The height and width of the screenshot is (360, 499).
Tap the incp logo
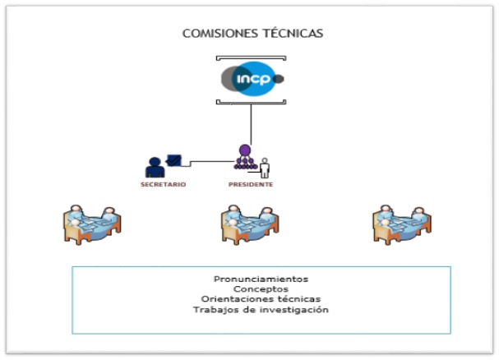tap(252, 79)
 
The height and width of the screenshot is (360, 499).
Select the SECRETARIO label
tap(163, 185)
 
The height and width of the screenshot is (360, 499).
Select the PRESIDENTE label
tap(251, 185)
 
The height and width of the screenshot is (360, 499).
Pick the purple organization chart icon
tap(244, 157)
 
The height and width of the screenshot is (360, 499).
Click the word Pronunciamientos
tap(261, 279)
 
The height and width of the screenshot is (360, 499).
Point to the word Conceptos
tap(261, 289)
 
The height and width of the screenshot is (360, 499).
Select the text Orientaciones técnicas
tap(261, 299)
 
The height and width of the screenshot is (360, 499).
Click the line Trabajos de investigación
tap(261, 310)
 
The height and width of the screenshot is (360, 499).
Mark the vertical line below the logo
tap(251, 123)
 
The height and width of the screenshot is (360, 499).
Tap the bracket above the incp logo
tap(251, 58)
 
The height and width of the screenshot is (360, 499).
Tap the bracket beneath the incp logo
tap(251, 102)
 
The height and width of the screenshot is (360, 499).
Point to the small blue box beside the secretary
tap(174, 159)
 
